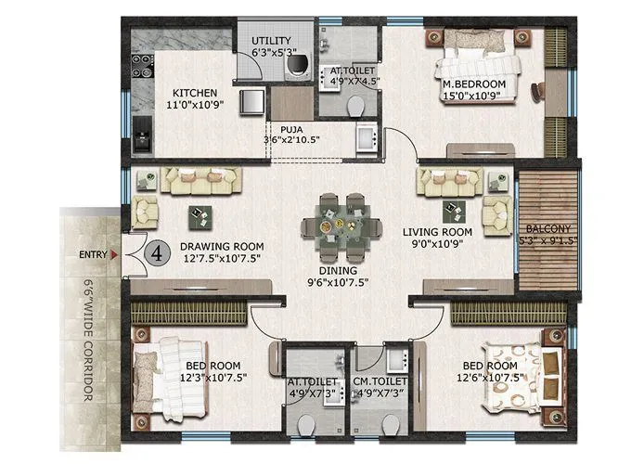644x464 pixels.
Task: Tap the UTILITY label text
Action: click(272, 41)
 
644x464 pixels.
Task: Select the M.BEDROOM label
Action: click(473, 84)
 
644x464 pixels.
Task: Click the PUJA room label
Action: click(290, 130)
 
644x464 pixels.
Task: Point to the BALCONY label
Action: click(547, 228)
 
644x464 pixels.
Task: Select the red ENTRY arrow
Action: click(114, 252)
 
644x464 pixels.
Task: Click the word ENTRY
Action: click(92, 252)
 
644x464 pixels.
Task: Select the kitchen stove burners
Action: click(143, 65)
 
